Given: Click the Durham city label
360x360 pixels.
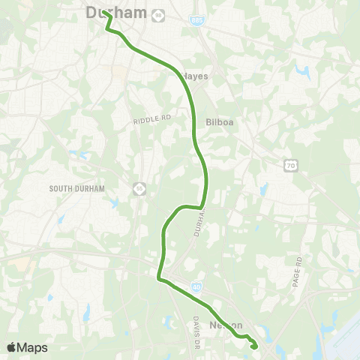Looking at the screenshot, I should (116, 12).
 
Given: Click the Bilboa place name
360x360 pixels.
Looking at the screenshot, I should (220, 124).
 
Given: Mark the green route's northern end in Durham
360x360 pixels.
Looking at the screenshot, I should (103, 13).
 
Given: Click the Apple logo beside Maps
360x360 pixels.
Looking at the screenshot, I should (11, 347).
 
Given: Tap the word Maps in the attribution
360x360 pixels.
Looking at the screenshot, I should (32, 347).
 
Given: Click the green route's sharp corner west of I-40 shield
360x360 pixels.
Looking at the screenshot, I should (158, 279).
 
